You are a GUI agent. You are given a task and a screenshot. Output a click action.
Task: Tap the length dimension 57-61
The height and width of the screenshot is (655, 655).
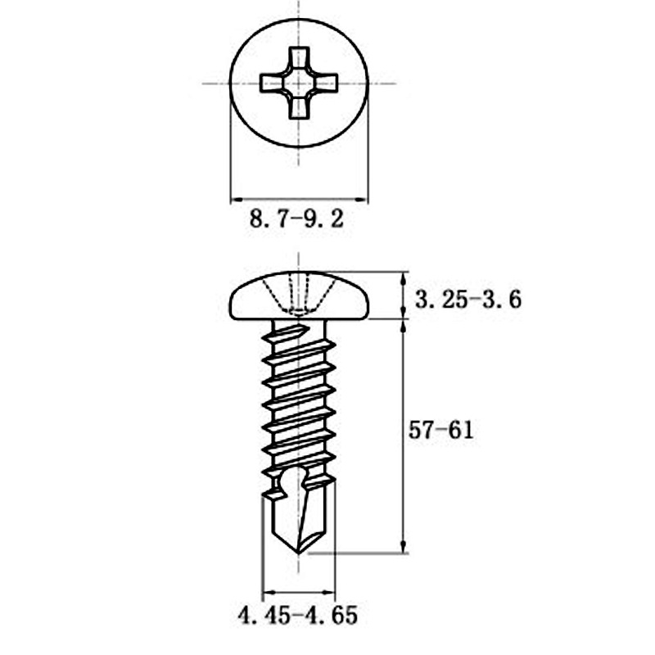click(441, 431)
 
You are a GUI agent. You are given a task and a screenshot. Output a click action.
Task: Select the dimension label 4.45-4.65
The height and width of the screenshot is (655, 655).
click(298, 616)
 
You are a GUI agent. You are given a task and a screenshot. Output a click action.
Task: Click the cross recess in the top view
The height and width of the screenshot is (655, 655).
click(300, 83)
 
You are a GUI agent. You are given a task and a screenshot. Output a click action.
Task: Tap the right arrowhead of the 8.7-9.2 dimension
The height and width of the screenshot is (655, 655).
click(363, 199)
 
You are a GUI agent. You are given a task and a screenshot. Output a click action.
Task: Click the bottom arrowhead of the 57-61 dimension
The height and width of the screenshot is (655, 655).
click(403, 546)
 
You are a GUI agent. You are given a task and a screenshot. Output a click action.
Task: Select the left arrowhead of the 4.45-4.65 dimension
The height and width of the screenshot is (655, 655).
click(267, 592)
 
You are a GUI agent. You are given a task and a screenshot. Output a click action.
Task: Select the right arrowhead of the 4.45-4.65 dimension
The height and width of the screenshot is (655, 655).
click(330, 592)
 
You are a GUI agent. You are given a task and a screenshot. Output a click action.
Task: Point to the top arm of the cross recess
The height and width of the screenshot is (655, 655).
click(300, 59)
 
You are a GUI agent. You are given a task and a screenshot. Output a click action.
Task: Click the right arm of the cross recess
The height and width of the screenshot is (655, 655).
click(327, 83)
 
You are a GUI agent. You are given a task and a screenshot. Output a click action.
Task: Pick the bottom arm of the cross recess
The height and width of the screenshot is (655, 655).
click(300, 108)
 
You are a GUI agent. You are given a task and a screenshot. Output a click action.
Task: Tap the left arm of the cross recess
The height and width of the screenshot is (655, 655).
click(271, 83)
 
